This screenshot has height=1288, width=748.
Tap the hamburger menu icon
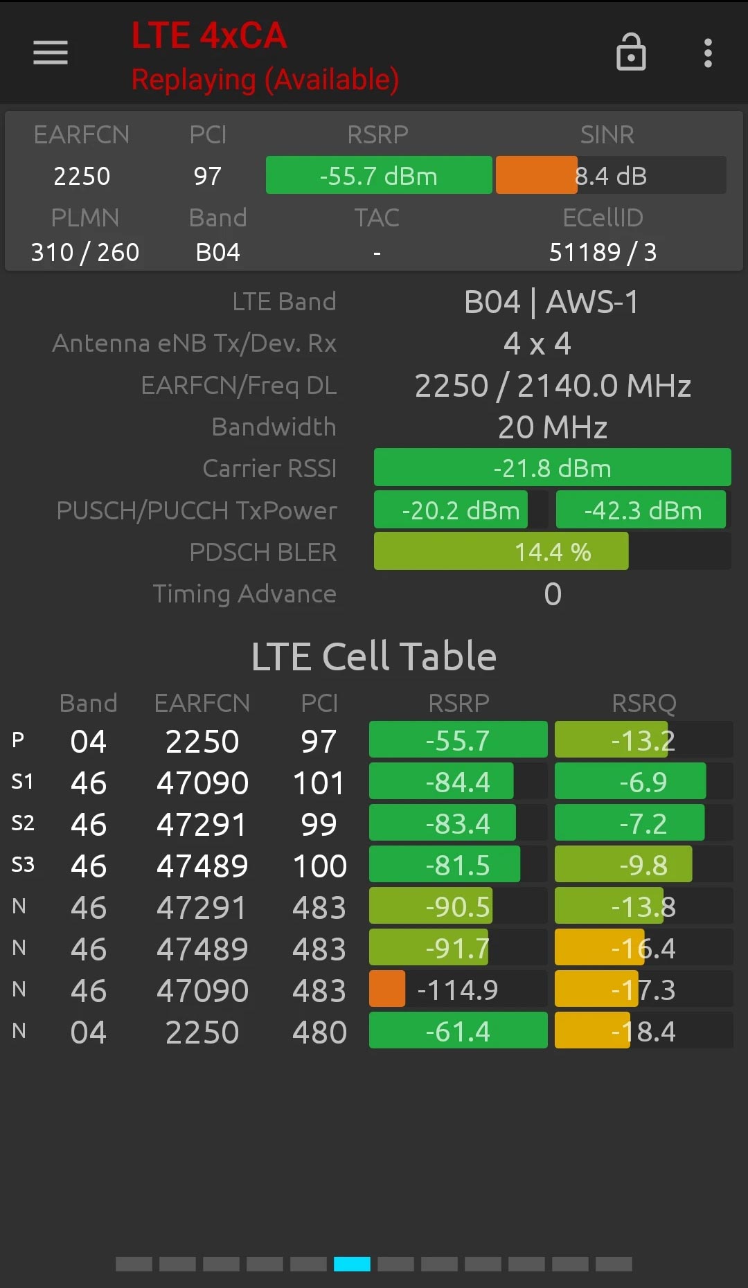pyautogui.click(x=51, y=53)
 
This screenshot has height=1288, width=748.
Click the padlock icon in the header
pyautogui.click(x=631, y=53)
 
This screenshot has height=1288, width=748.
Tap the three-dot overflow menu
pyautogui.click(x=708, y=53)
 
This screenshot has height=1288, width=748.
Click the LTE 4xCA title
pyautogui.click(x=209, y=36)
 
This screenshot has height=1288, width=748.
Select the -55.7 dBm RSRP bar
pyautogui.click(x=379, y=176)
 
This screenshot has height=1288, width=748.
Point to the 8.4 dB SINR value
pyautogui.click(x=611, y=176)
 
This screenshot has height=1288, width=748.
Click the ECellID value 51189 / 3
pyautogui.click(x=603, y=252)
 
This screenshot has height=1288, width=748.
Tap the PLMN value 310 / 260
pyautogui.click(x=85, y=252)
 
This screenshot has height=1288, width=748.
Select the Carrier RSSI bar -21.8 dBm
pyautogui.click(x=552, y=468)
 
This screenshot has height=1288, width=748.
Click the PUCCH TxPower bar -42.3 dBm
pyautogui.click(x=641, y=510)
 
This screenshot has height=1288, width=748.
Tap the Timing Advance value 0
pyautogui.click(x=552, y=594)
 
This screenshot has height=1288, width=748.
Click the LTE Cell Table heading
pyautogui.click(x=374, y=656)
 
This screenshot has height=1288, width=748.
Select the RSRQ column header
pyautogui.click(x=643, y=703)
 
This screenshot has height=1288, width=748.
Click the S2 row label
pyautogui.click(x=23, y=823)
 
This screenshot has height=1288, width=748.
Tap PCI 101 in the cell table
pyautogui.click(x=319, y=782)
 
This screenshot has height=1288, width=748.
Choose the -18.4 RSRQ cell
pyautogui.click(x=643, y=1031)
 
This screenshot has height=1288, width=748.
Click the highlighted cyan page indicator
pyautogui.click(x=352, y=1264)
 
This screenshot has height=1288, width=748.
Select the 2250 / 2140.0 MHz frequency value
pyautogui.click(x=552, y=386)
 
